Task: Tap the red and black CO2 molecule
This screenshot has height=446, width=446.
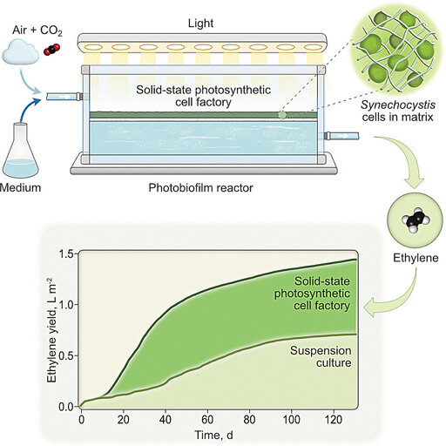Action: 51,50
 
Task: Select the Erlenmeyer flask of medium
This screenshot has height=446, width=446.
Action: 21,151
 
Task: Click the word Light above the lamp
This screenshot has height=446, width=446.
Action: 200,24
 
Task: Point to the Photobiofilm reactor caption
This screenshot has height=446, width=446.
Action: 200,188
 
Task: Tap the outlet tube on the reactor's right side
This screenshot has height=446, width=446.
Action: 341,136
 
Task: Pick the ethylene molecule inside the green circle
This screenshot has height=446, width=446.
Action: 416,220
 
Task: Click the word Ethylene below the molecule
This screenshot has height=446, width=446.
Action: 416,258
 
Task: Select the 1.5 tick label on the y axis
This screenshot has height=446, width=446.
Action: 66,254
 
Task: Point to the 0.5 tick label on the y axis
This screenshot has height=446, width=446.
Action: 66,355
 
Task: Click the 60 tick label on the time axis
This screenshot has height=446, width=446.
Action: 207,420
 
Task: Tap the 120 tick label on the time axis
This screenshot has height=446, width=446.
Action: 334,420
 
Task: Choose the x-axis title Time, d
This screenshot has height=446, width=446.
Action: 213,435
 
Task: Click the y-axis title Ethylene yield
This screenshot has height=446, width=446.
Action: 51,330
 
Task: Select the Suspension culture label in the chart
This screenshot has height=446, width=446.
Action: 321,356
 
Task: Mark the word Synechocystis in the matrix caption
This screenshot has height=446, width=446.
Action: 398,105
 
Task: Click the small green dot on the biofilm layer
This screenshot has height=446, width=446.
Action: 282,115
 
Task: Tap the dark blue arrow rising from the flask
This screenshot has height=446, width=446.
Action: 30,108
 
